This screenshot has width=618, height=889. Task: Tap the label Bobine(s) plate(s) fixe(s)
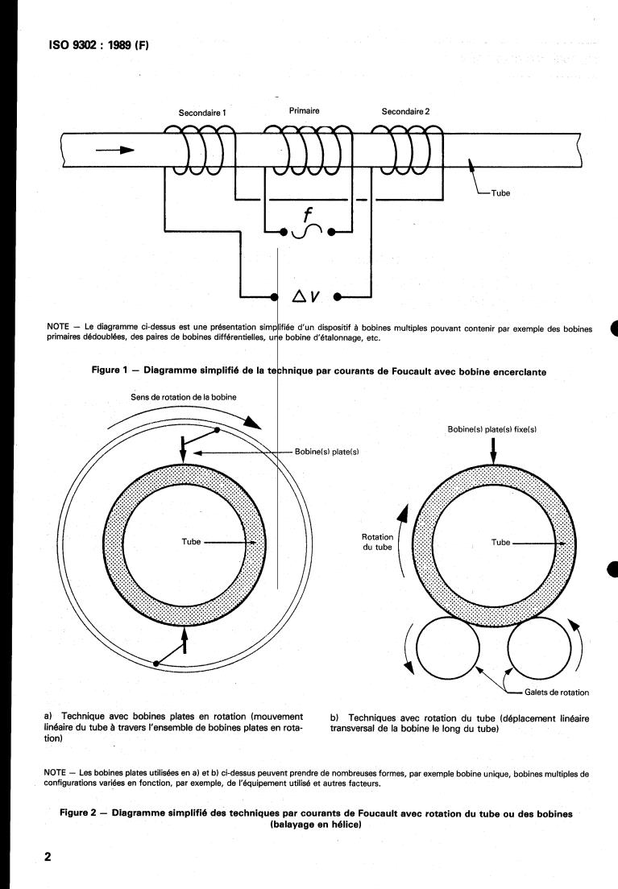[491, 430]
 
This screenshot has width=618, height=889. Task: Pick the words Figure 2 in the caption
[84, 813]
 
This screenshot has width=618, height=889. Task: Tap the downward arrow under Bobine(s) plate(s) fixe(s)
[492, 453]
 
